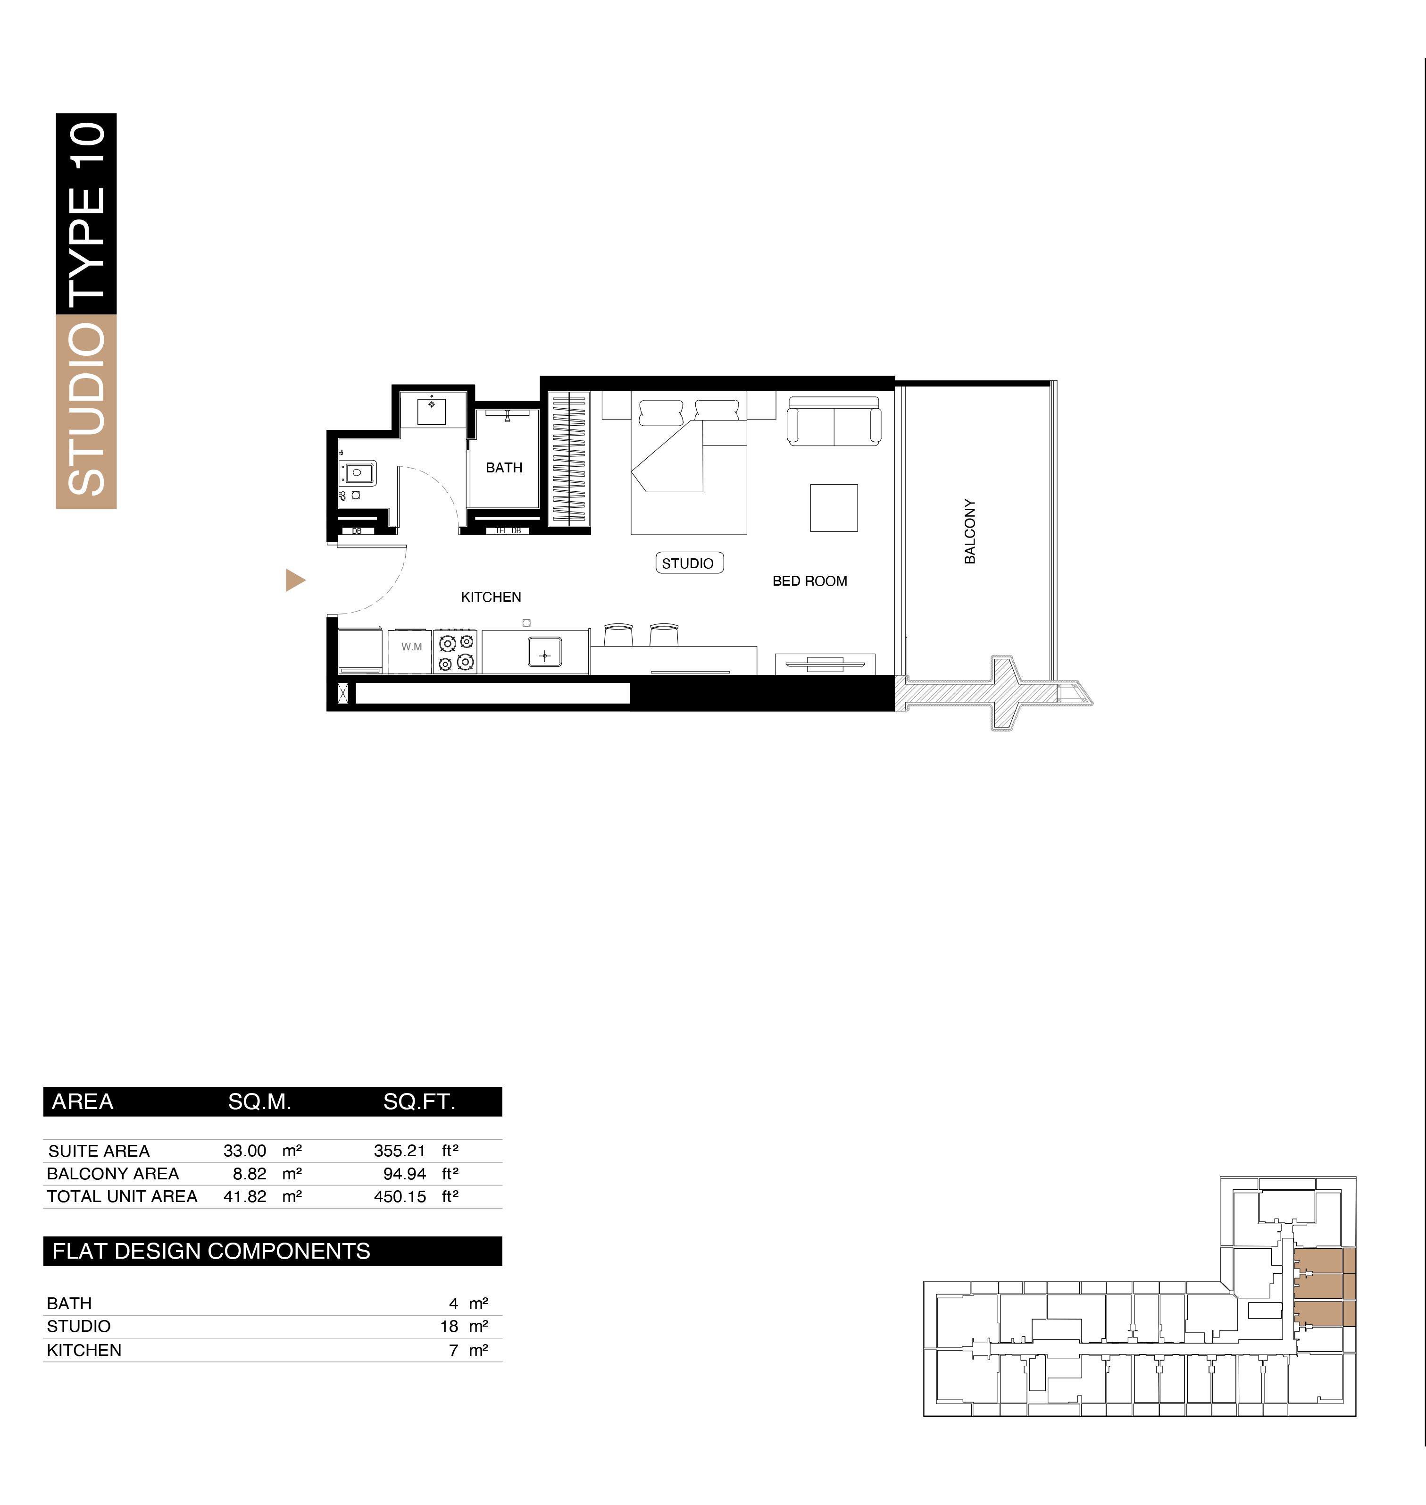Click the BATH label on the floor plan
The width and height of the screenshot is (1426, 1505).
coord(504,468)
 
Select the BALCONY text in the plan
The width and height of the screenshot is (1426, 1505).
coord(970,531)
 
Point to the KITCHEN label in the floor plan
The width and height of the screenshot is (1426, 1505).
coord(491,597)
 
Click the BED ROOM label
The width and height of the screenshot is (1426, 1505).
coord(809,581)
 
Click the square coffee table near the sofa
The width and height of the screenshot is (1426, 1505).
coord(834,507)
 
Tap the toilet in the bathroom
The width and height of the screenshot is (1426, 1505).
coord(357,472)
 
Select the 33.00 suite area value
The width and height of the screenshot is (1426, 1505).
coord(245,1151)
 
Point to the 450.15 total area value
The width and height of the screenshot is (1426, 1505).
coord(400,1196)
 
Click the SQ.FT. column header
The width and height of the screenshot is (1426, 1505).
coord(419,1101)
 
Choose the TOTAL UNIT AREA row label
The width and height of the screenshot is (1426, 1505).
coord(122,1196)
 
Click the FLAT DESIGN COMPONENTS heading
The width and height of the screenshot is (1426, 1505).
coord(211,1251)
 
